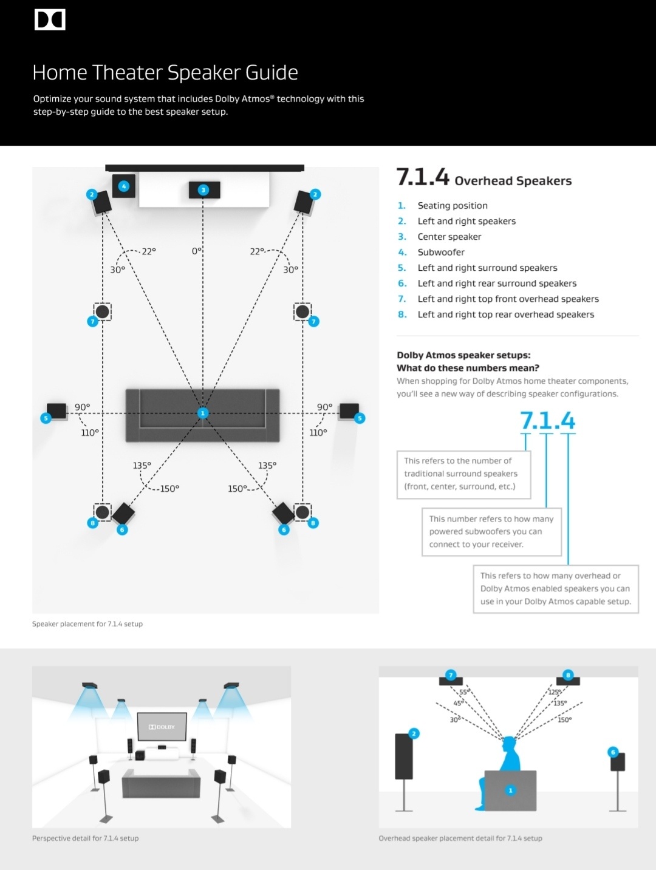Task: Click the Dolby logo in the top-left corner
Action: coord(50,19)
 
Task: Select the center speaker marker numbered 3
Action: coord(203,190)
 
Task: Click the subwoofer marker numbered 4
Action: coord(124,186)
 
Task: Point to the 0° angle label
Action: coord(196,251)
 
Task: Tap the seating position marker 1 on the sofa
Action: coord(203,413)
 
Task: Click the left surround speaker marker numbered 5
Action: coord(46,418)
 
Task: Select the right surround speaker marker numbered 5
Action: coord(360,418)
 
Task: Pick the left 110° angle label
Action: coord(90,432)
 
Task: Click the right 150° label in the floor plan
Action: coord(237,489)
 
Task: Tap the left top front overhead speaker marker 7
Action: coord(93,321)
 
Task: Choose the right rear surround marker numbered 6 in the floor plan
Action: coord(284,529)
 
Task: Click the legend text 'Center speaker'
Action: coord(449,237)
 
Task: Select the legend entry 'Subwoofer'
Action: coord(441,252)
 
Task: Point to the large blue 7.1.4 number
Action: coord(547,421)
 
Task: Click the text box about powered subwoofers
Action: coord(491,532)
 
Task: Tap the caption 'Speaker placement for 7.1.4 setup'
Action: coord(87,624)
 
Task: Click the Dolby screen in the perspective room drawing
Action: coord(162,726)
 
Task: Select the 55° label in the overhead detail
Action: coord(464,692)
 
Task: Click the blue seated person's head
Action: coord(508,744)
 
